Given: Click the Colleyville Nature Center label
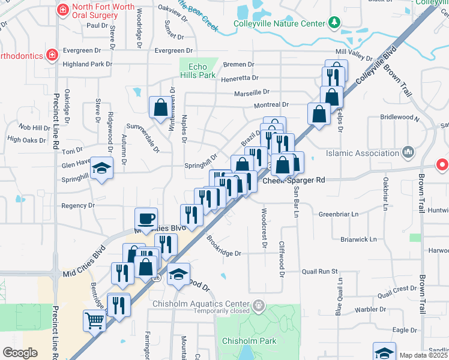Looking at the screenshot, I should pyautogui.click(x=279, y=25).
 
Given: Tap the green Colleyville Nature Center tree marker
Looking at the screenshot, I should pyautogui.click(x=334, y=23).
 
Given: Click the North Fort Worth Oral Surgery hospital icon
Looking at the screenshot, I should pyautogui.click(x=62, y=10).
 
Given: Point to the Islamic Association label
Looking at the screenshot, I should pyautogui.click(x=364, y=152).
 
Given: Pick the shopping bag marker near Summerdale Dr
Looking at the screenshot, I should pyautogui.click(x=161, y=108).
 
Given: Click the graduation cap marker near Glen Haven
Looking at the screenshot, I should pyautogui.click(x=102, y=170).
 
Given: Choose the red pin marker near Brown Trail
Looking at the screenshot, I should pyautogui.click(x=442, y=164).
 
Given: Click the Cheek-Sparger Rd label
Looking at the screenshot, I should pyautogui.click(x=294, y=179).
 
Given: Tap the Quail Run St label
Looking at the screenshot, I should pyautogui.click(x=320, y=271).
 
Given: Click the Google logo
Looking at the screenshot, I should pyautogui.click(x=20, y=353).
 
